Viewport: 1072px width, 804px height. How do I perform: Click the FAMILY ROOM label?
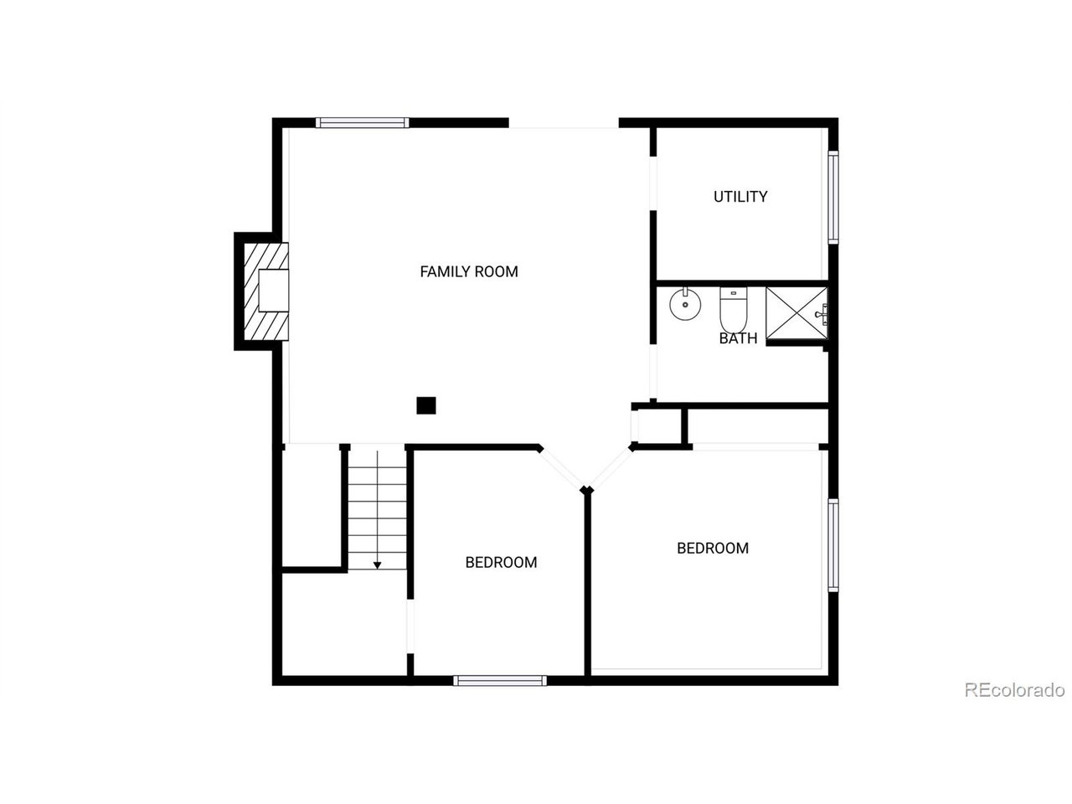click(x=469, y=271)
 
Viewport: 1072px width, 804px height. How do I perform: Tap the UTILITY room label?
click(x=740, y=197)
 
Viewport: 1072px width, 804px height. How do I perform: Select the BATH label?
click(x=738, y=338)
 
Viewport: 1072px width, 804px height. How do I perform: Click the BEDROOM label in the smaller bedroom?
click(x=501, y=562)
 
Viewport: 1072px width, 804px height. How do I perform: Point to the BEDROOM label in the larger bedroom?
click(x=713, y=548)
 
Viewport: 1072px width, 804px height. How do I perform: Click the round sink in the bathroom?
click(x=686, y=304)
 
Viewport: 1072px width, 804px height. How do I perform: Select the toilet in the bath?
click(x=733, y=309)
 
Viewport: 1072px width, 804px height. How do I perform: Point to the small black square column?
click(x=426, y=405)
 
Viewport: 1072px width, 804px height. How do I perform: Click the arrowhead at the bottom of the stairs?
click(x=378, y=565)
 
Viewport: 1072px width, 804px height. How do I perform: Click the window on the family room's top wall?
click(x=363, y=123)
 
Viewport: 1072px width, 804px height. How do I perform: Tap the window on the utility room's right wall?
click(x=833, y=197)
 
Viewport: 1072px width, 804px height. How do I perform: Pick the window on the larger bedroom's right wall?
click(x=833, y=545)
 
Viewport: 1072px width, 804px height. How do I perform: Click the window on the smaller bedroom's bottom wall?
click(x=500, y=680)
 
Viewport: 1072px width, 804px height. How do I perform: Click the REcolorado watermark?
click(x=1014, y=690)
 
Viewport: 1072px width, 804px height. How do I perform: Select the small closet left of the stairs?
click(x=311, y=507)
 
